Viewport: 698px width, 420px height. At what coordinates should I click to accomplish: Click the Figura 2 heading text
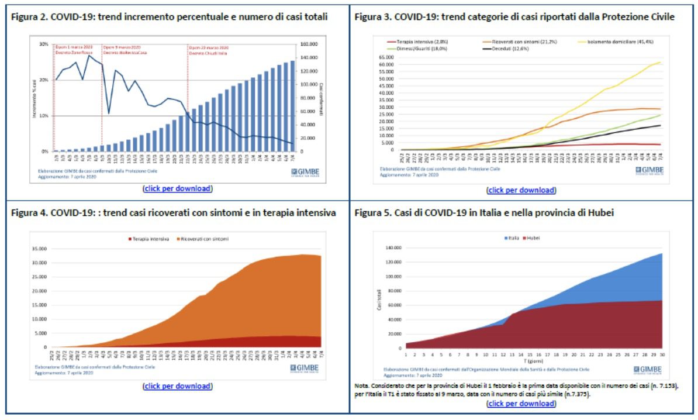click(170, 17)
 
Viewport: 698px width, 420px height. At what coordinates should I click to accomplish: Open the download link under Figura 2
click(177, 188)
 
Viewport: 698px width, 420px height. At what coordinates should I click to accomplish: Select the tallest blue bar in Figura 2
click(309, 106)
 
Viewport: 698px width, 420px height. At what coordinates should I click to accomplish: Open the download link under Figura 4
click(177, 386)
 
